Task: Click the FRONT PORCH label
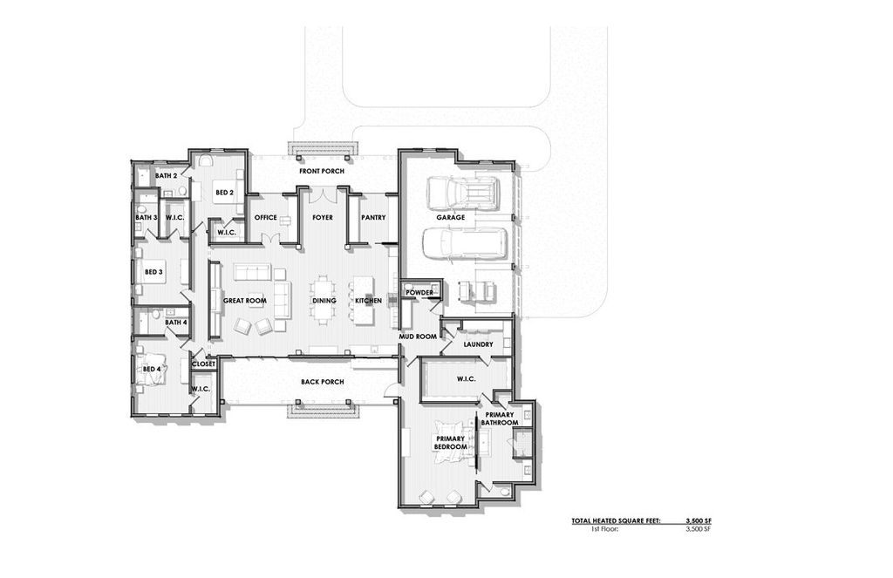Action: point(322,171)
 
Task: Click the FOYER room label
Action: point(323,217)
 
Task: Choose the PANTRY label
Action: point(373,217)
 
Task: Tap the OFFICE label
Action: point(265,217)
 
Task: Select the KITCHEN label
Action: point(368,301)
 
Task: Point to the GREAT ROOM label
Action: point(244,301)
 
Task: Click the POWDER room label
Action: point(419,292)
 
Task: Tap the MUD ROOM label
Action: point(418,336)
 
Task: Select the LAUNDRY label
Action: point(478,344)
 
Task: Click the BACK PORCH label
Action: point(322,382)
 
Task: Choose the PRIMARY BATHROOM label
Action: point(501,418)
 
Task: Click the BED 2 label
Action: point(224,193)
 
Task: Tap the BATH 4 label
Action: point(176,322)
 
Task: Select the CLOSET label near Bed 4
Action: point(203,364)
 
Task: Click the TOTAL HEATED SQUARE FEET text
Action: point(616,520)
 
